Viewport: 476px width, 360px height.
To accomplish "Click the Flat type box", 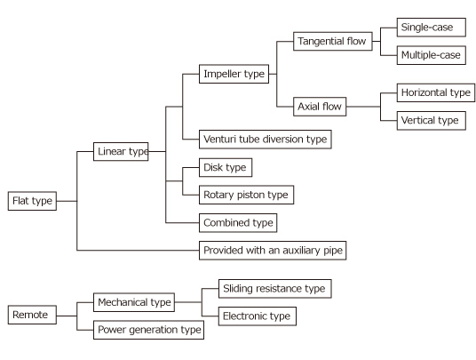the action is point(32,201).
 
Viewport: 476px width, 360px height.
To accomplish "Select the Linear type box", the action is point(121,152).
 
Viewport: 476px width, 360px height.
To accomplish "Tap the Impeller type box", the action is point(234,74).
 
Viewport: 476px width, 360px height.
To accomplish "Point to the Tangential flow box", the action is point(333,41).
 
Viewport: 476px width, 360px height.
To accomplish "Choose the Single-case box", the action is point(431,28).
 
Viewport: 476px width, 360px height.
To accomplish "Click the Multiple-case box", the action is point(431,55).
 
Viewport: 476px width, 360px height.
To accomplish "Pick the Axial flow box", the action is point(320,107).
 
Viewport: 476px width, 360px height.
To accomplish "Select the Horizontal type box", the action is point(436,92).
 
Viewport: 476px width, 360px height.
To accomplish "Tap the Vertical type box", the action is point(431,121).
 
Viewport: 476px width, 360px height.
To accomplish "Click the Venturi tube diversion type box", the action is point(265,140).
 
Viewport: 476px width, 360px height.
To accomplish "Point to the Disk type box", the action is point(226,167).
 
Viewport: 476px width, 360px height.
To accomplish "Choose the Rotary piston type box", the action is point(246,195).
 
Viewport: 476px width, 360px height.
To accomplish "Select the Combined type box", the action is point(238,223).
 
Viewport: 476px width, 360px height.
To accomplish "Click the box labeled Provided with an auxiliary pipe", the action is point(273,251).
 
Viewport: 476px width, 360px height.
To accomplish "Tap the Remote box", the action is point(32,315).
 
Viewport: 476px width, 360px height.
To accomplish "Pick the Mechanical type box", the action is point(134,302).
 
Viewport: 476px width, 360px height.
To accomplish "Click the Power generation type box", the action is point(148,330).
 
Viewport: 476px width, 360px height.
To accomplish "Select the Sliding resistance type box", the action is point(274,289).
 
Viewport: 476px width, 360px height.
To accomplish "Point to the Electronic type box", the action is point(258,316).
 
